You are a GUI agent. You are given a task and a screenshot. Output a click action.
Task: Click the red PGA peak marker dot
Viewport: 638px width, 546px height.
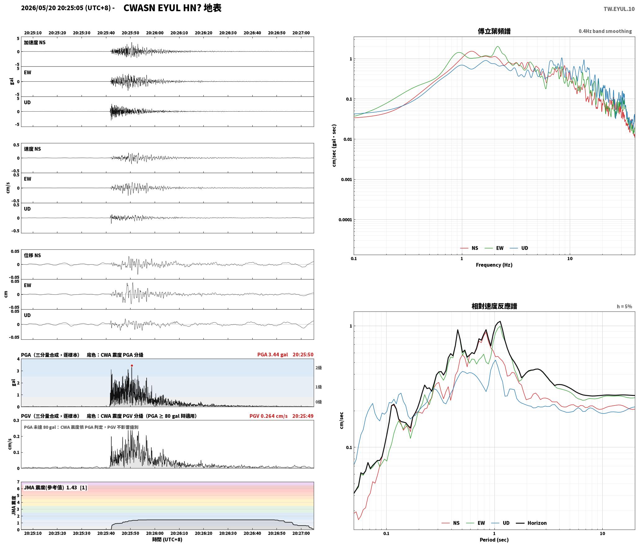click(x=132, y=366)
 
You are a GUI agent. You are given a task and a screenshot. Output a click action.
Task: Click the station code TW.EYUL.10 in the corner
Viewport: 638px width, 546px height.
click(x=619, y=9)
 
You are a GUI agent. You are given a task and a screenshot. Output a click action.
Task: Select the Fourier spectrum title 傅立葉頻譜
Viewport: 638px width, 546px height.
click(x=494, y=31)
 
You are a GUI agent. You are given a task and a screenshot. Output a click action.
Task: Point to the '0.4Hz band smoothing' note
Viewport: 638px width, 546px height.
click(x=605, y=31)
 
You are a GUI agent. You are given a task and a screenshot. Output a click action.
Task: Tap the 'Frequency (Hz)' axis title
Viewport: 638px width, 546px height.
click(x=494, y=265)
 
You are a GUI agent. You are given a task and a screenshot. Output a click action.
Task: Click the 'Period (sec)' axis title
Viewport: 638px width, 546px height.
click(x=494, y=539)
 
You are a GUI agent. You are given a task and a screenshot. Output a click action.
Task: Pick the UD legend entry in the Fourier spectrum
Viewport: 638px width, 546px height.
click(x=519, y=248)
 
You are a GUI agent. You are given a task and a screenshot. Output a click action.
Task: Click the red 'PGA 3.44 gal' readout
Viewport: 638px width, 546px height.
click(x=272, y=354)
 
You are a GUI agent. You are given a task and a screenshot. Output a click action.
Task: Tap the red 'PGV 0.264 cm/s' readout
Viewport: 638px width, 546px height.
click(x=268, y=416)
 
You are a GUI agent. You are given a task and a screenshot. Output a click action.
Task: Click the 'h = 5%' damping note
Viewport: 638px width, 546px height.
click(x=624, y=306)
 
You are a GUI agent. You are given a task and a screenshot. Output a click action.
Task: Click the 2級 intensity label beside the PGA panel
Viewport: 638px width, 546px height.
click(x=318, y=368)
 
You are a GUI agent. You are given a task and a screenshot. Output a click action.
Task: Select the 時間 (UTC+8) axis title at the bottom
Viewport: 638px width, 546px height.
click(x=167, y=539)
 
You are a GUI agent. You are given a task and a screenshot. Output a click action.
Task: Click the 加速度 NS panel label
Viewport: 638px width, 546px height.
click(x=35, y=43)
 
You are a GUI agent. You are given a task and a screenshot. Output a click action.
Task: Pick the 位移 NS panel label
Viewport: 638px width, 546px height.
click(x=32, y=255)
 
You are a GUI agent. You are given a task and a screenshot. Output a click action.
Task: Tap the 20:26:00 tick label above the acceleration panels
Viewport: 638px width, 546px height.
click(x=155, y=33)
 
